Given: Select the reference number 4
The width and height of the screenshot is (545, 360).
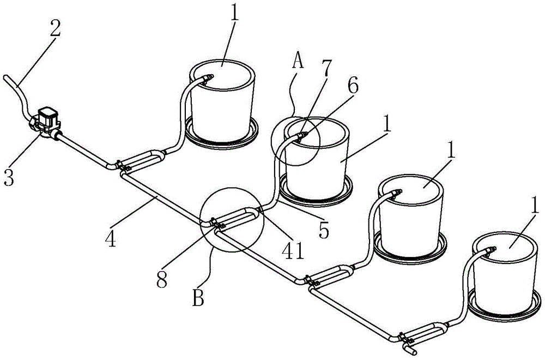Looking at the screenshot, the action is click(111, 239).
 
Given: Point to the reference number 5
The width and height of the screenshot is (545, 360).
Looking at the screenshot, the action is click(324, 231).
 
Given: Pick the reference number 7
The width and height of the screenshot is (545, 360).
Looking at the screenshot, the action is click(326, 68).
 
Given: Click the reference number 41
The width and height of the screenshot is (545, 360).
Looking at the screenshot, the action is click(294, 250).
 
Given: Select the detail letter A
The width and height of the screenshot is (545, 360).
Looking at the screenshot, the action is click(298, 62).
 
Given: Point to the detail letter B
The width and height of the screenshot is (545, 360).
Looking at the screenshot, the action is click(198, 298).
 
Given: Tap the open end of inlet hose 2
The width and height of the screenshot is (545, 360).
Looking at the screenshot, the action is click(6, 77).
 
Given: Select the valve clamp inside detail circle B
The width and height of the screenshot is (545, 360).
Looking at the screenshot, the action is click(219, 224).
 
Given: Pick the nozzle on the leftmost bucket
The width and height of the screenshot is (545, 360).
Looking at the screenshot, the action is click(207, 77).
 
